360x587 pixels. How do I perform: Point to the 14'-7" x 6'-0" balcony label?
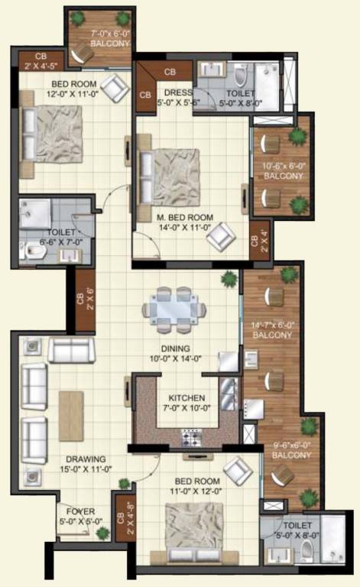click(273, 329)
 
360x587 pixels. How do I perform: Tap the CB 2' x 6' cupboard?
click(85, 301)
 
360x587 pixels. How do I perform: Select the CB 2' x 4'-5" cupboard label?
click(36, 60)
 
